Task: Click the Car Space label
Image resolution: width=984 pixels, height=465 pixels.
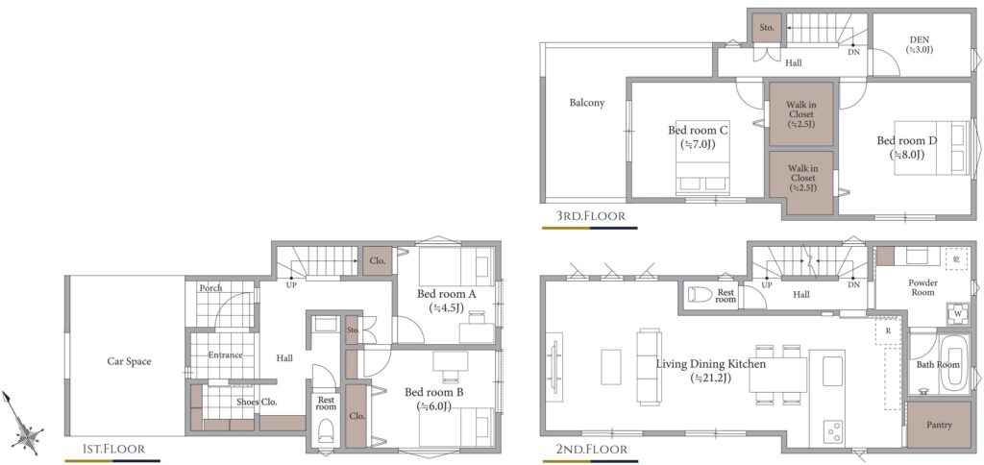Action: click(129, 361)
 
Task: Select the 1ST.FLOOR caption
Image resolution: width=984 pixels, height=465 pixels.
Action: click(114, 449)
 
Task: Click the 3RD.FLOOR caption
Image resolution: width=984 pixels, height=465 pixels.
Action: click(591, 216)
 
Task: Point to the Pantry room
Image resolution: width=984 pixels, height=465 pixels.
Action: click(939, 425)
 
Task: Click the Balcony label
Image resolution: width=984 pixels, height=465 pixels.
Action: click(587, 103)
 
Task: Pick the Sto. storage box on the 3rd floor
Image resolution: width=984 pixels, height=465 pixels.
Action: click(767, 28)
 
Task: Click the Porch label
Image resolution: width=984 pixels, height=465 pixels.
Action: click(210, 288)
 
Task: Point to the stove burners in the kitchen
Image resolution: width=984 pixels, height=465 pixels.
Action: click(835, 430)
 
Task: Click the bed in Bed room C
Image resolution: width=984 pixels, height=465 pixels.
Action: click(702, 156)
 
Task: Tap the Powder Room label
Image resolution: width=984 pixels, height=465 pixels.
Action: click(922, 287)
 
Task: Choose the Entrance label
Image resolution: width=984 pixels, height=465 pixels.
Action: click(225, 355)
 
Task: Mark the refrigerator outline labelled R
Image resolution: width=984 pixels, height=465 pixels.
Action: click(889, 330)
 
